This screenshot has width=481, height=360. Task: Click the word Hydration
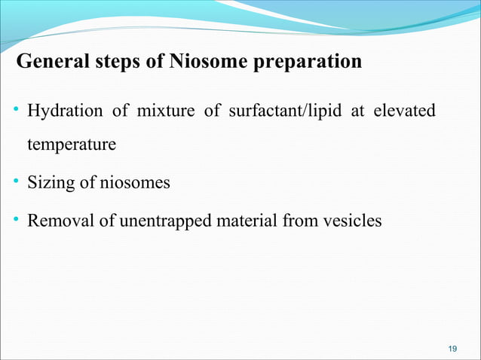click(65, 111)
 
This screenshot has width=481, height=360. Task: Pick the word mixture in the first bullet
click(158, 111)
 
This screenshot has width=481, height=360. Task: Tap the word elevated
click(406, 111)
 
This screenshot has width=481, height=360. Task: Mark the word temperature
click(72, 145)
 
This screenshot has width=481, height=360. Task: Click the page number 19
click(452, 347)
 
